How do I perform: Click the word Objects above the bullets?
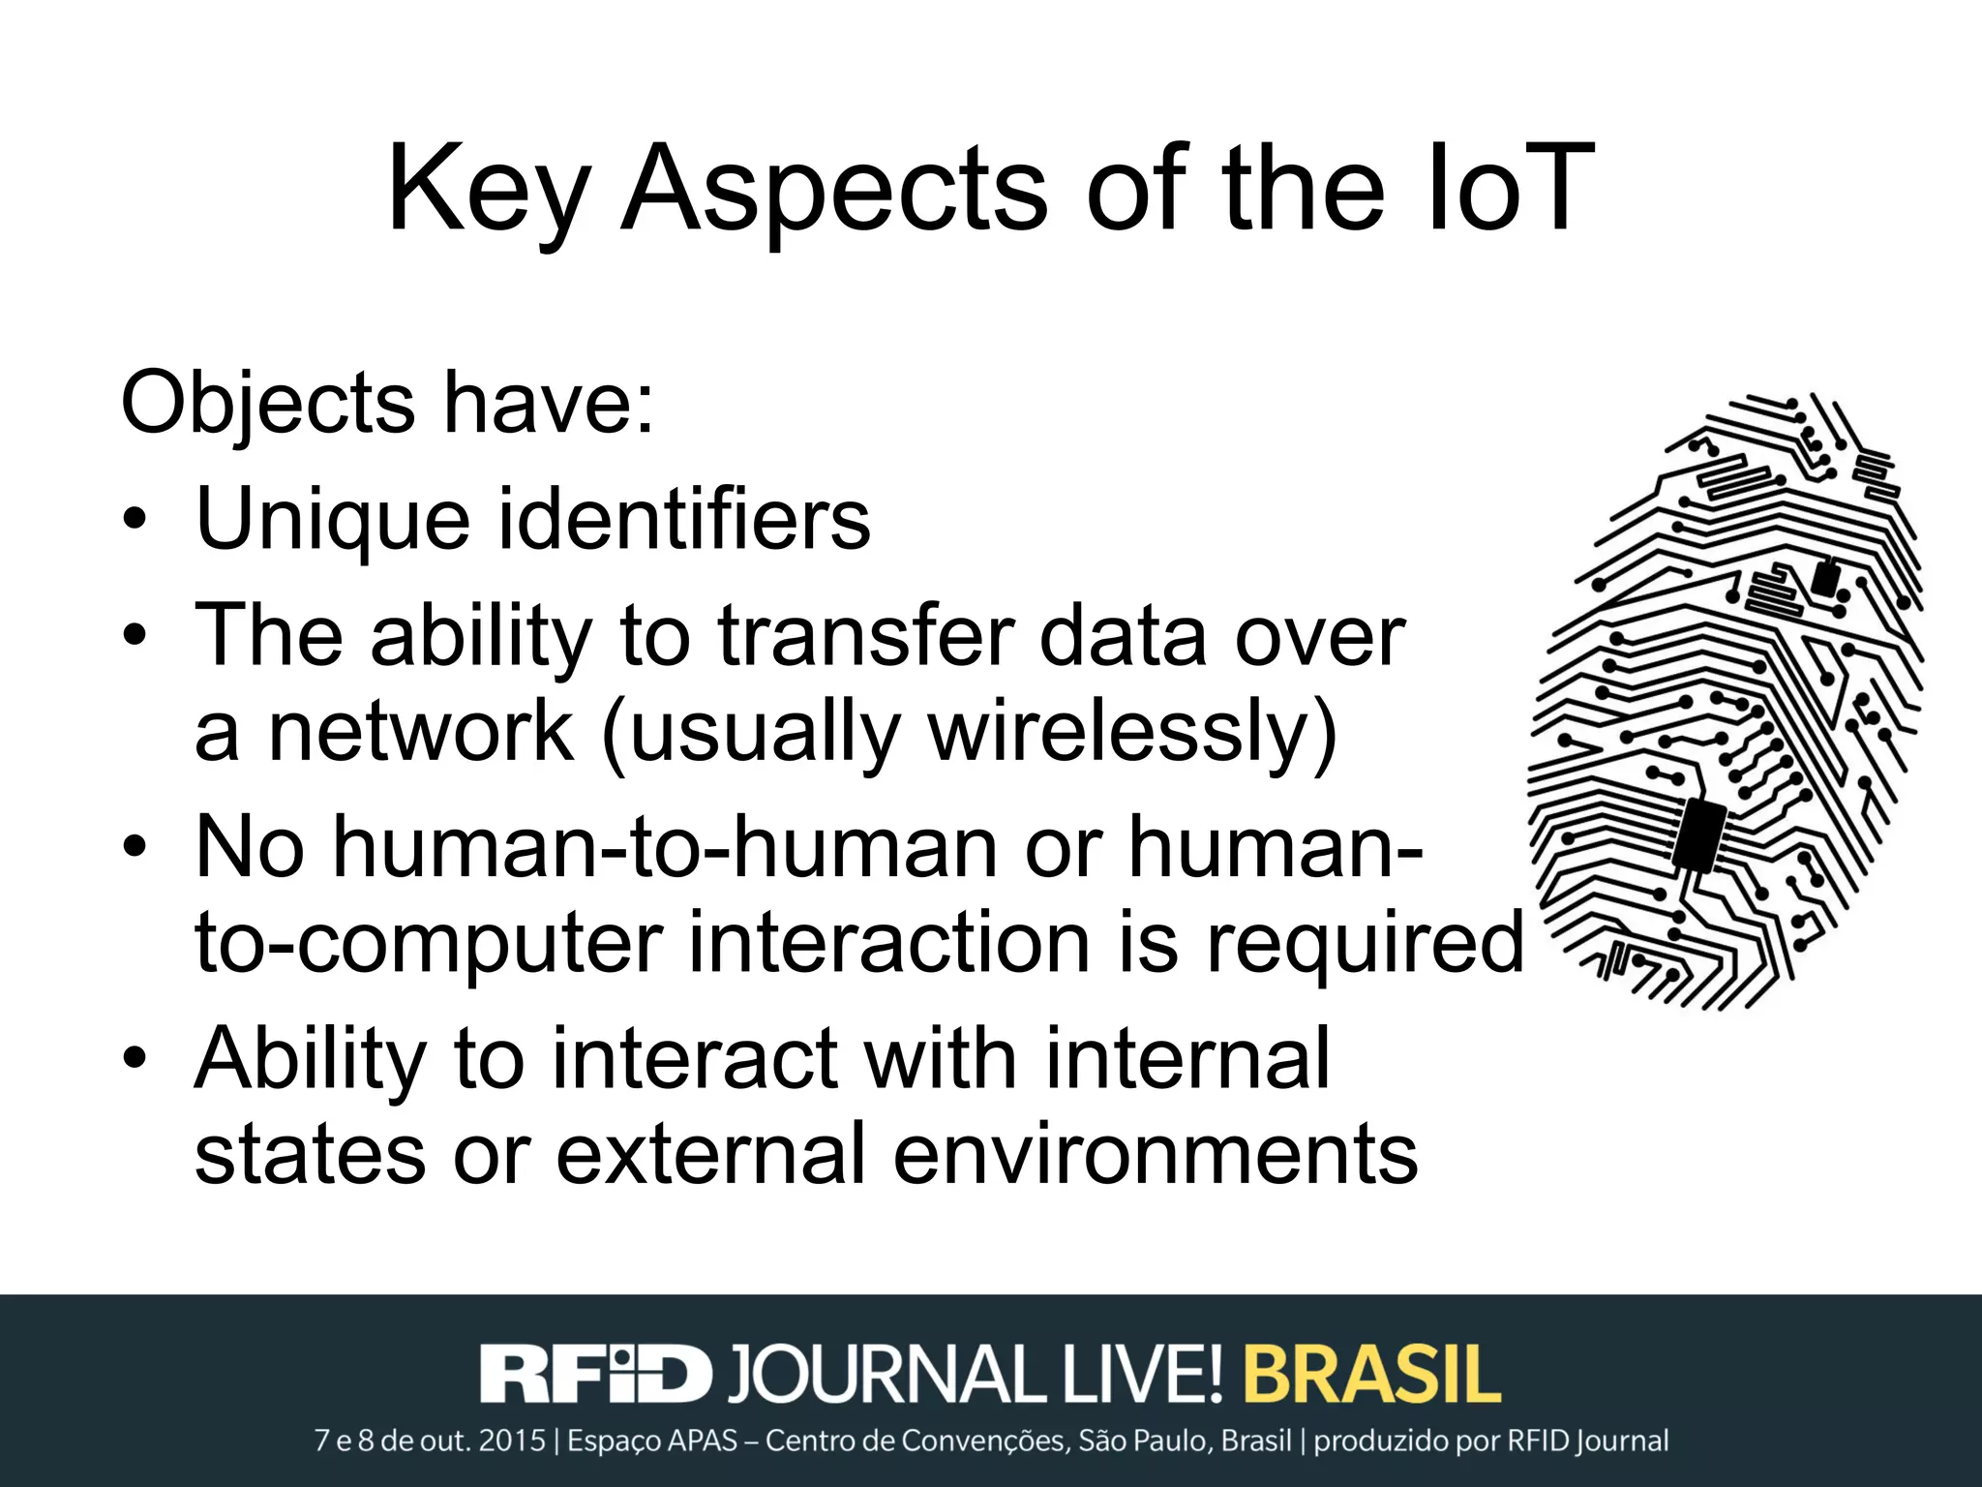point(268,403)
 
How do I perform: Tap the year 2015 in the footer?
point(512,1441)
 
